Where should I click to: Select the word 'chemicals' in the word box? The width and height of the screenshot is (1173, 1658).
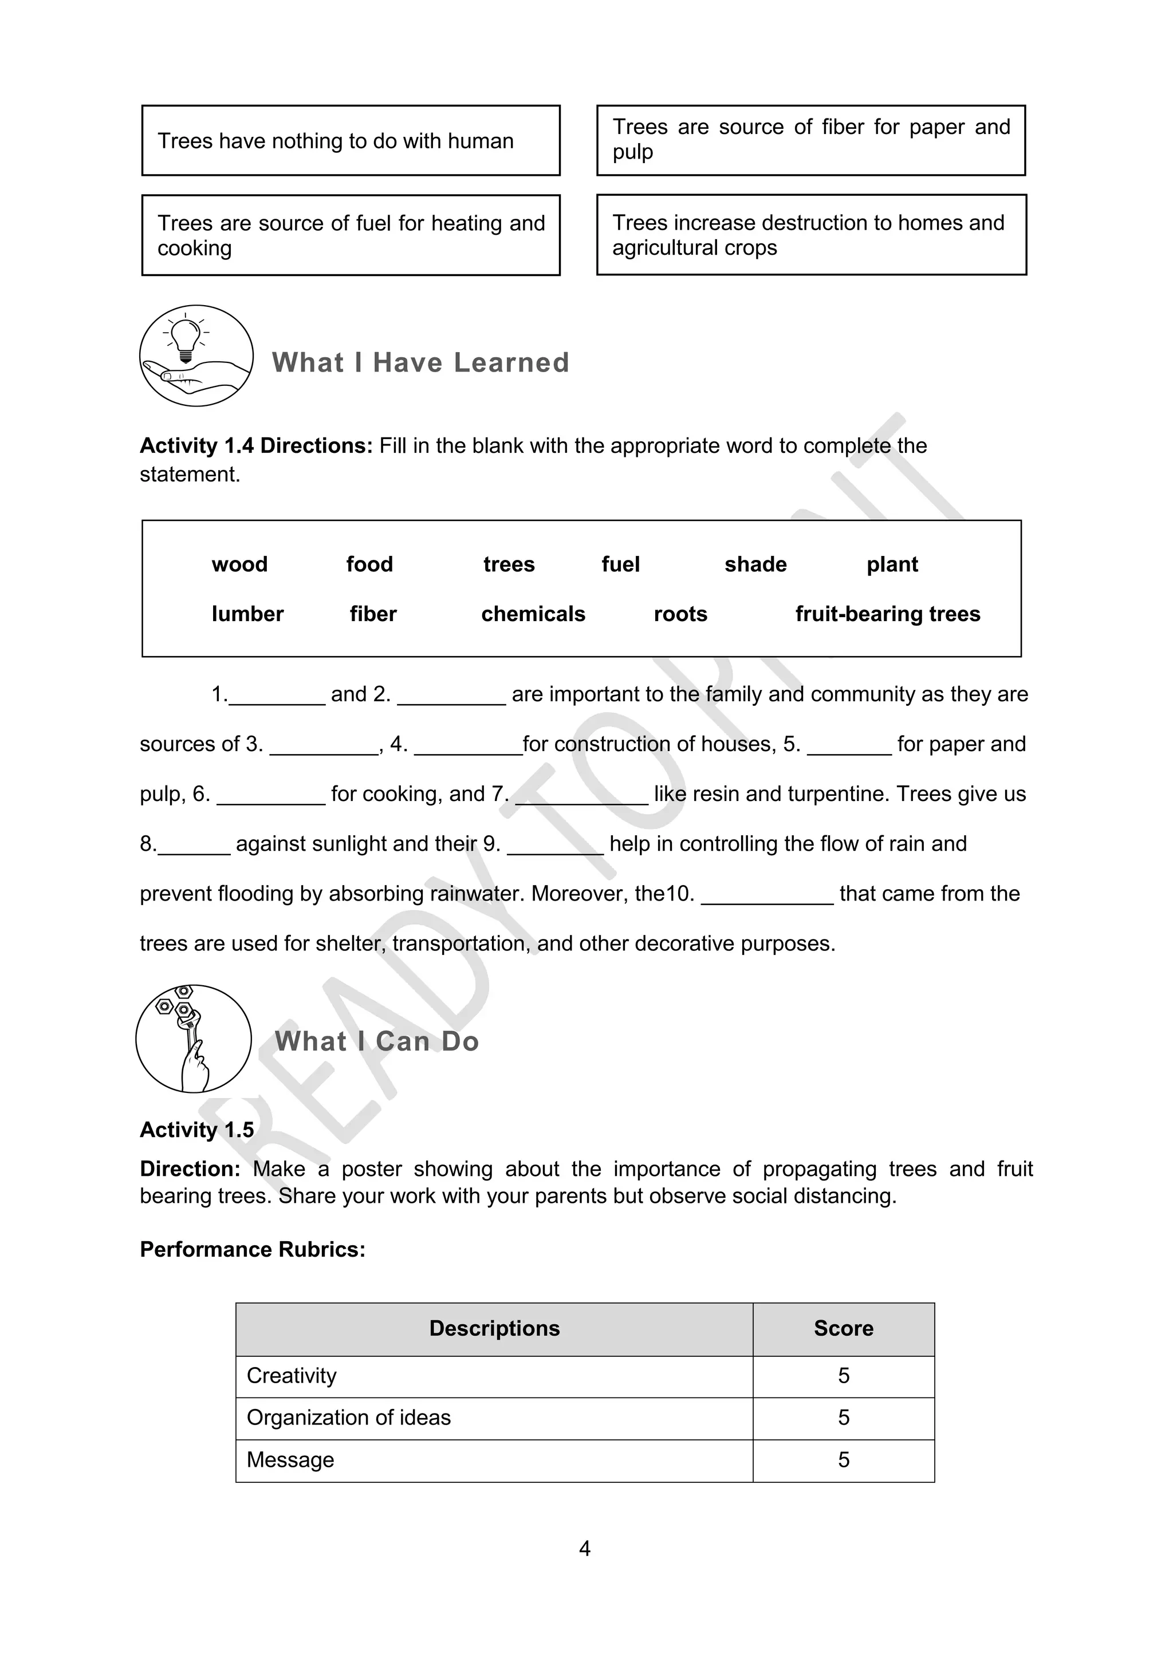[x=533, y=614]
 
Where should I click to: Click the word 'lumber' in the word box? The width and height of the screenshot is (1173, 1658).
[x=247, y=614]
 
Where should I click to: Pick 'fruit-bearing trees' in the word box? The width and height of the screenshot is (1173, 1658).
[x=888, y=614]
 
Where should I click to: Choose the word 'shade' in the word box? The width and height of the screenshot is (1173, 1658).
[x=755, y=564]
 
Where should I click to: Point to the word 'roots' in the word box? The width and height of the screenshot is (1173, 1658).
[x=680, y=614]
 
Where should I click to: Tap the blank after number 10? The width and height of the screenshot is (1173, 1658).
[x=767, y=895]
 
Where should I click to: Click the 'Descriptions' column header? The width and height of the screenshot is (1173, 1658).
[x=494, y=1328]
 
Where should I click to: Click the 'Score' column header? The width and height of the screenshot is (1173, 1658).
[x=843, y=1328]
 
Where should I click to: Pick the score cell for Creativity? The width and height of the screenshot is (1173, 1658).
[x=843, y=1376]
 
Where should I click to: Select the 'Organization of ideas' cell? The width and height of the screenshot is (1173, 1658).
[x=349, y=1418]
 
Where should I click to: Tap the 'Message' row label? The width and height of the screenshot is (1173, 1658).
[x=290, y=1459]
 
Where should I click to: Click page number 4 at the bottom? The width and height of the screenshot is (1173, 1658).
[x=585, y=1548]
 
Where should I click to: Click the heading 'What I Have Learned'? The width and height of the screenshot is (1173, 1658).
[x=420, y=362]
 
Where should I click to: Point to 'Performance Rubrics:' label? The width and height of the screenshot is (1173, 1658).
[x=252, y=1249]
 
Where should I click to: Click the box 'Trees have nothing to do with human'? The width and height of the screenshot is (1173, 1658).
[x=351, y=141]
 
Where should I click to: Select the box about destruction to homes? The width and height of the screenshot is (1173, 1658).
[x=810, y=235]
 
